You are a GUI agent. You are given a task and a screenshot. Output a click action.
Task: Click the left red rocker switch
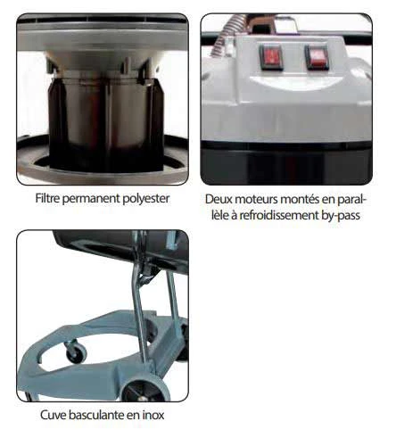(x=271, y=56)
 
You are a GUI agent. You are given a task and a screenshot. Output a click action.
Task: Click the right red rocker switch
(x=317, y=57)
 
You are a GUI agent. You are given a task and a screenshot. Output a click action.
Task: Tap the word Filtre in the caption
(x=47, y=198)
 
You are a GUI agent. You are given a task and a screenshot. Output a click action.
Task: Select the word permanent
(x=92, y=199)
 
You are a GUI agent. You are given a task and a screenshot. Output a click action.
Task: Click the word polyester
(x=146, y=199)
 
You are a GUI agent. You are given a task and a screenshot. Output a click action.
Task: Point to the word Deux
(x=219, y=199)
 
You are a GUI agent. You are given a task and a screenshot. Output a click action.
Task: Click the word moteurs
(x=256, y=200)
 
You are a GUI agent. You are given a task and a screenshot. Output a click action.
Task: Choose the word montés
(x=300, y=199)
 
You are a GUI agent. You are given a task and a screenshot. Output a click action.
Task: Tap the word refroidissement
(x=279, y=215)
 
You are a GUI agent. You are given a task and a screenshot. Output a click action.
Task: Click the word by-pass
(x=341, y=216)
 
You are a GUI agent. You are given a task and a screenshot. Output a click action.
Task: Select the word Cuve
(x=53, y=415)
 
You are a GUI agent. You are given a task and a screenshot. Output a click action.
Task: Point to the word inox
(x=153, y=415)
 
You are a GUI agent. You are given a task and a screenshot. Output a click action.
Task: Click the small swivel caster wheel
(x=76, y=351)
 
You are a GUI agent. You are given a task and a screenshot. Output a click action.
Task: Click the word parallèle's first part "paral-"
(x=353, y=200)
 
